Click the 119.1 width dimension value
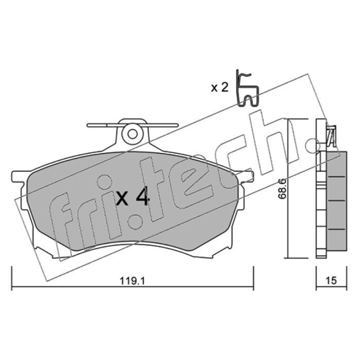pos(133,281)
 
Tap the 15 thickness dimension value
pos(331,280)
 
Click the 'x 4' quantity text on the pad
pos(133,198)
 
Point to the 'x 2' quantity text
pos(220,88)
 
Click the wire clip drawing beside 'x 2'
pos(247,89)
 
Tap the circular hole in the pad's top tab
pos(132,134)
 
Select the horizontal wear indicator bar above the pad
pos(132,125)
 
